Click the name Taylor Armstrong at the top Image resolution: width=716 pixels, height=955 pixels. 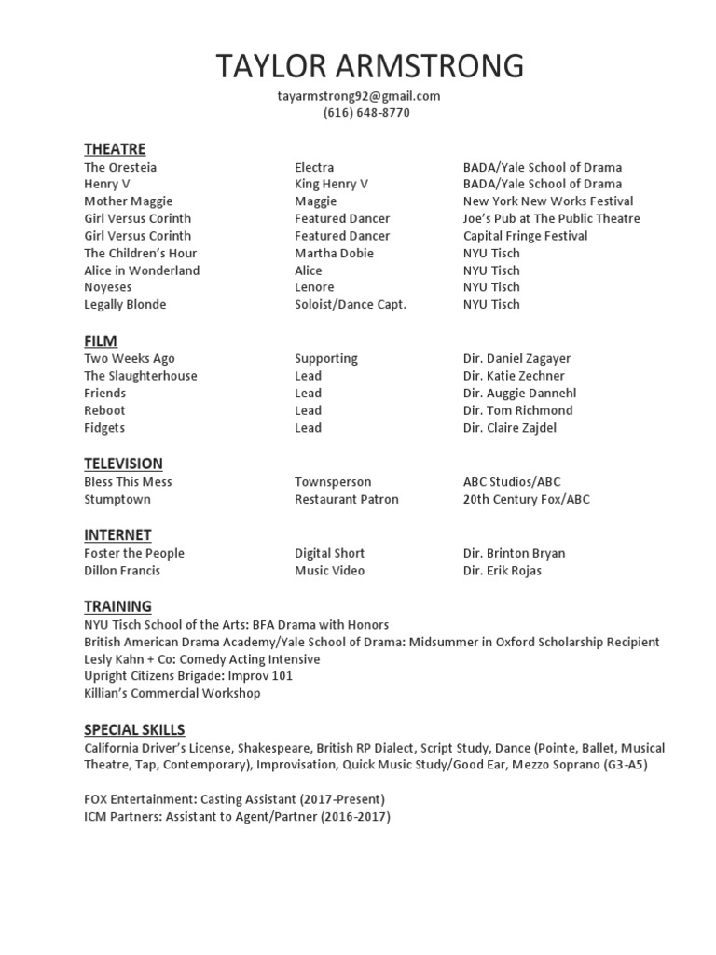pos(370,66)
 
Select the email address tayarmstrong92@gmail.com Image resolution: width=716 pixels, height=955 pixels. pos(358,95)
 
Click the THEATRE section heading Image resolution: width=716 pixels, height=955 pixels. pos(115,148)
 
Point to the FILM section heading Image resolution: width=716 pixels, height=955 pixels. pos(101,340)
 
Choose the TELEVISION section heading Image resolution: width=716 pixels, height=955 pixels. pos(123,464)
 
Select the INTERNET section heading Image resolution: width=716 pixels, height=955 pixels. pos(117,534)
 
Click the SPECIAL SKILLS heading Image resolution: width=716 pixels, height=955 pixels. pos(134,729)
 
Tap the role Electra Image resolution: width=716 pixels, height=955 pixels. pos(314,167)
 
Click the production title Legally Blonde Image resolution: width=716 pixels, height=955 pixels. pos(126,305)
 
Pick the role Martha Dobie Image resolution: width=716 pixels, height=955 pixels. pos(334,253)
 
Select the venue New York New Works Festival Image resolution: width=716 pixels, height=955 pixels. pos(548,201)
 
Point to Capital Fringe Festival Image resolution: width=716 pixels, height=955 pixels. pos(525,236)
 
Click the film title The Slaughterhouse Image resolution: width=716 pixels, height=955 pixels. pos(141,376)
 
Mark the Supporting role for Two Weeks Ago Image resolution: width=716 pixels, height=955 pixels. pos(326,358)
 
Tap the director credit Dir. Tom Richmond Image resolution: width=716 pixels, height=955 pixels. pos(517,410)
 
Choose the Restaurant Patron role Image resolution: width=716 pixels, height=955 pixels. pos(347,499)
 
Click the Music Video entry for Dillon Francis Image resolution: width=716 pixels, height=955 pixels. pos(330,571)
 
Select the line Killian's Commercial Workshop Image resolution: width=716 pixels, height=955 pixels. pos(172,693)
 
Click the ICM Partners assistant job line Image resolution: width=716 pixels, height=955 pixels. pos(238,817)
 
